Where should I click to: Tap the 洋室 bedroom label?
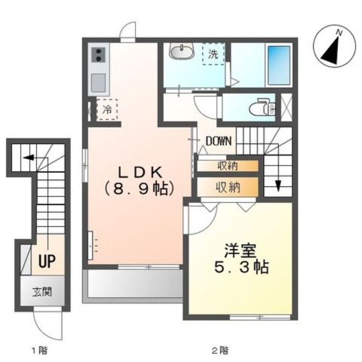240,251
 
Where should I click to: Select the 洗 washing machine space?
214,54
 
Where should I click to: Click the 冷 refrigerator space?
107,110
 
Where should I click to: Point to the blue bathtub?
279,66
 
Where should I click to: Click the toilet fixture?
263,107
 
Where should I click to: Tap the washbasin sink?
181,51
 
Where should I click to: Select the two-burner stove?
98,55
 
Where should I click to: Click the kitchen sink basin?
98,83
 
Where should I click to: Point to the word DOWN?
219,141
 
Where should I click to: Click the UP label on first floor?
47,261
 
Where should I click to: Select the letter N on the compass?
339,33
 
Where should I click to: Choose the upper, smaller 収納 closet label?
228,166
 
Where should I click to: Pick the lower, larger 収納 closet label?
228,187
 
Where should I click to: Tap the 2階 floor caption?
220,351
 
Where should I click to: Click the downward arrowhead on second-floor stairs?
278,186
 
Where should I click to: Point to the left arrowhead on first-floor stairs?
29,158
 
